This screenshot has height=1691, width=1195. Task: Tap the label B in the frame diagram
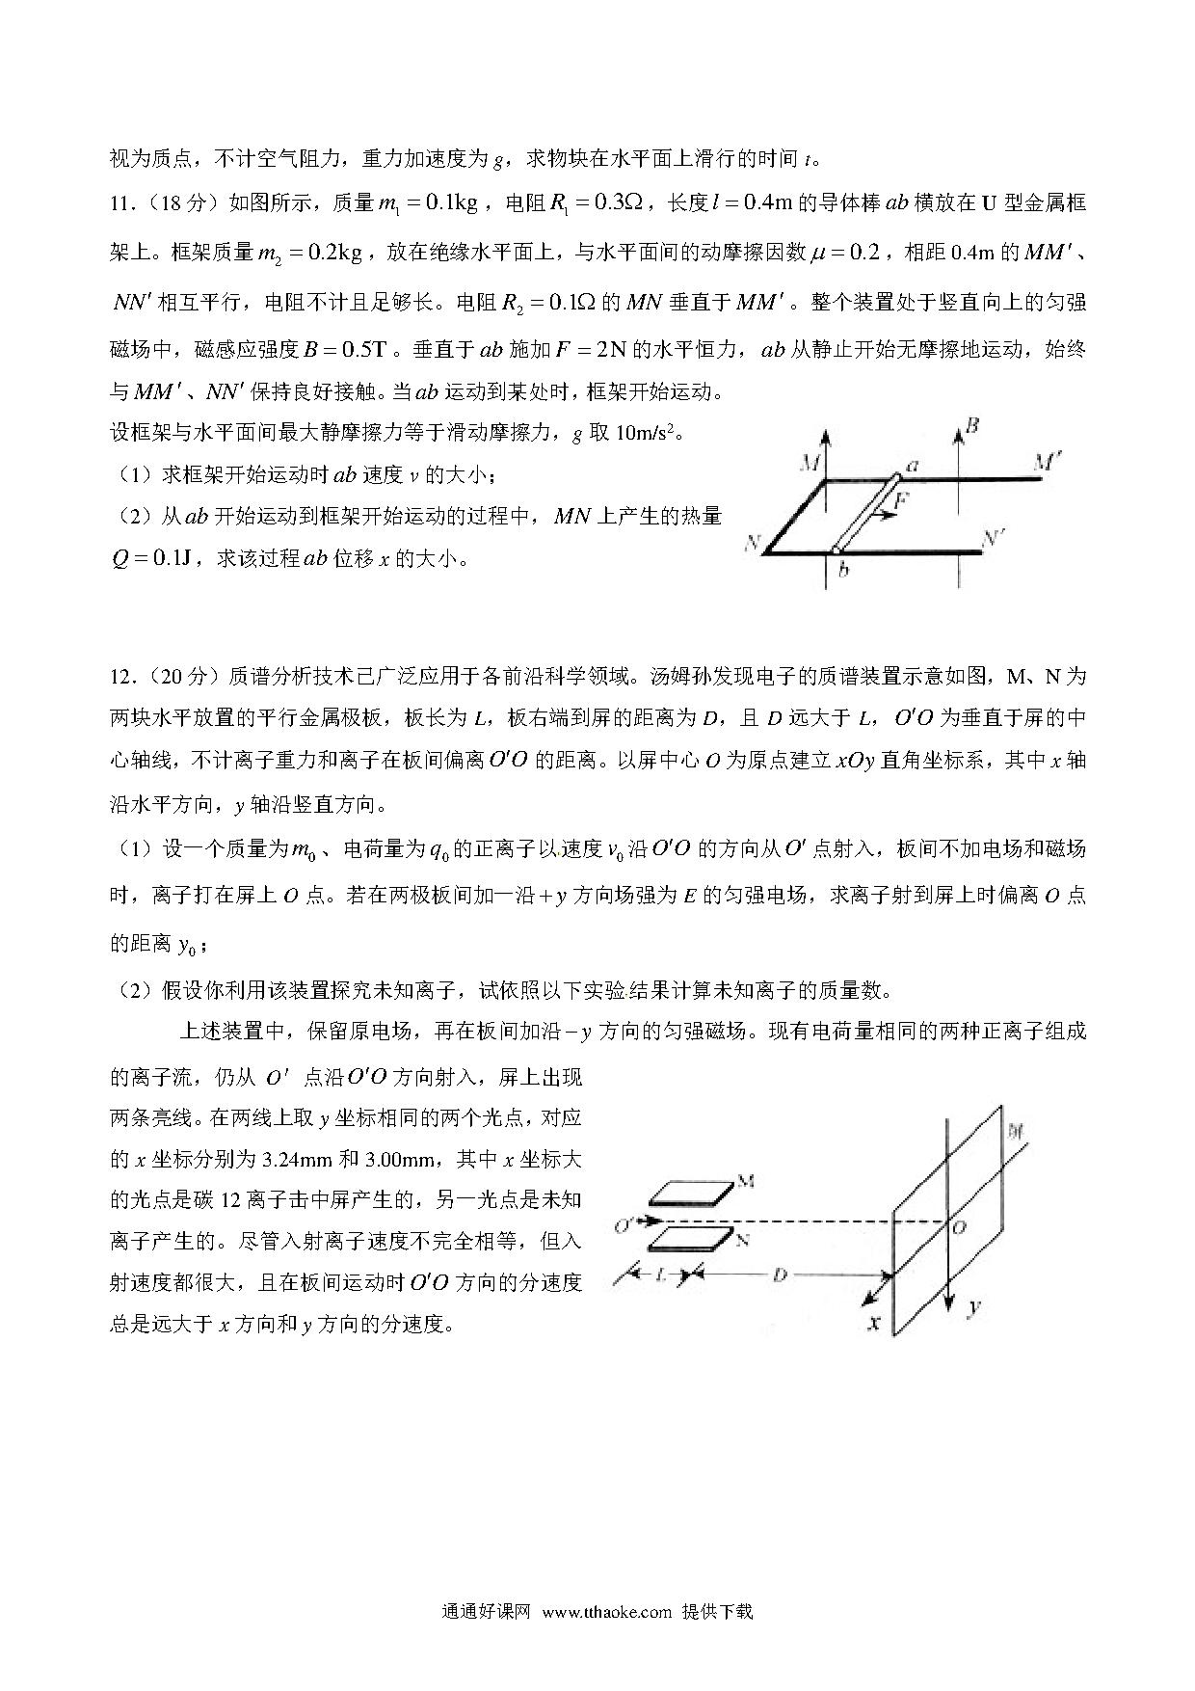pyautogui.click(x=972, y=425)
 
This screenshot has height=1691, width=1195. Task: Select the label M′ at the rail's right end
pyautogui.click(x=1048, y=463)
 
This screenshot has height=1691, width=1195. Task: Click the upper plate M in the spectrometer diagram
pyautogui.click(x=690, y=1194)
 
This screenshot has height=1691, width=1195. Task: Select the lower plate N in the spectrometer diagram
pyautogui.click(x=690, y=1239)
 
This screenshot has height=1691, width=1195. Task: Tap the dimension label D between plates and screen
pyautogui.click(x=780, y=1275)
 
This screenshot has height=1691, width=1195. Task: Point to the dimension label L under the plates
pyautogui.click(x=660, y=1275)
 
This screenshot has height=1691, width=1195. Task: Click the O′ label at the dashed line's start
pyautogui.click(x=624, y=1225)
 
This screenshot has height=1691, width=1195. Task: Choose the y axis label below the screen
pyautogui.click(x=975, y=1306)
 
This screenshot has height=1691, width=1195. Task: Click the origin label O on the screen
pyautogui.click(x=959, y=1227)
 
